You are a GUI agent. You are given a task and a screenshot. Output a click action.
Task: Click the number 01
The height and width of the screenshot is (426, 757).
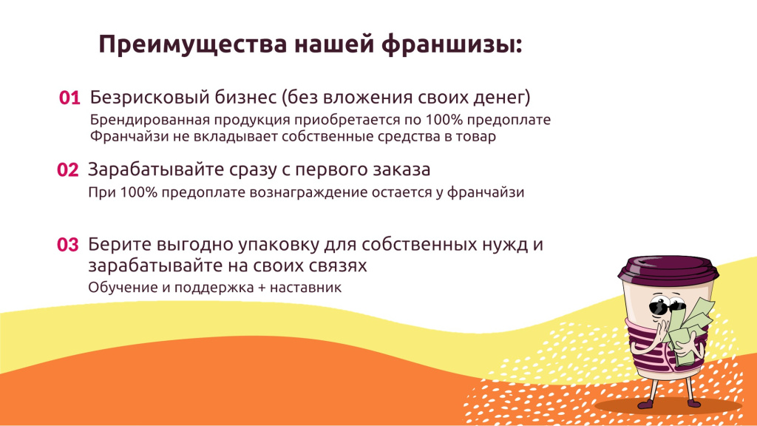point(69,98)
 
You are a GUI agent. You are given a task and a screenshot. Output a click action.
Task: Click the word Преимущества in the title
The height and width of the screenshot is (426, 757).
point(191,44)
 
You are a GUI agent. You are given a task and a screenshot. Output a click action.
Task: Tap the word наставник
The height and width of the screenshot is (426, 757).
point(306,288)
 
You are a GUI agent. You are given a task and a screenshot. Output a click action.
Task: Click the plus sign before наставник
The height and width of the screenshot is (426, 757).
point(257,288)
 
